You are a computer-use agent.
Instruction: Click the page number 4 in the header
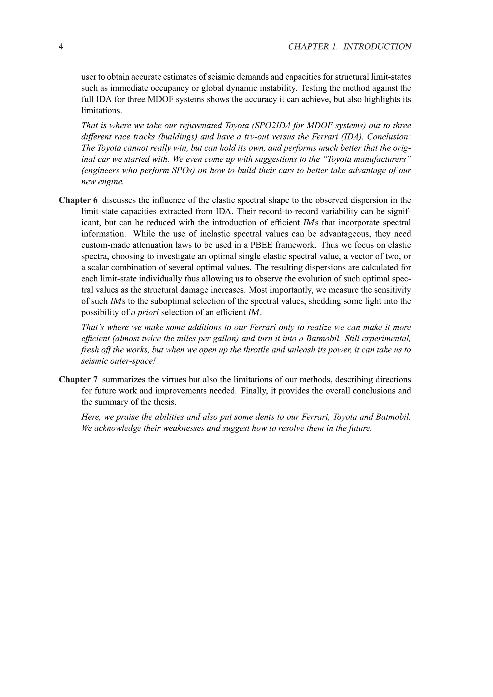(x=61, y=47)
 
